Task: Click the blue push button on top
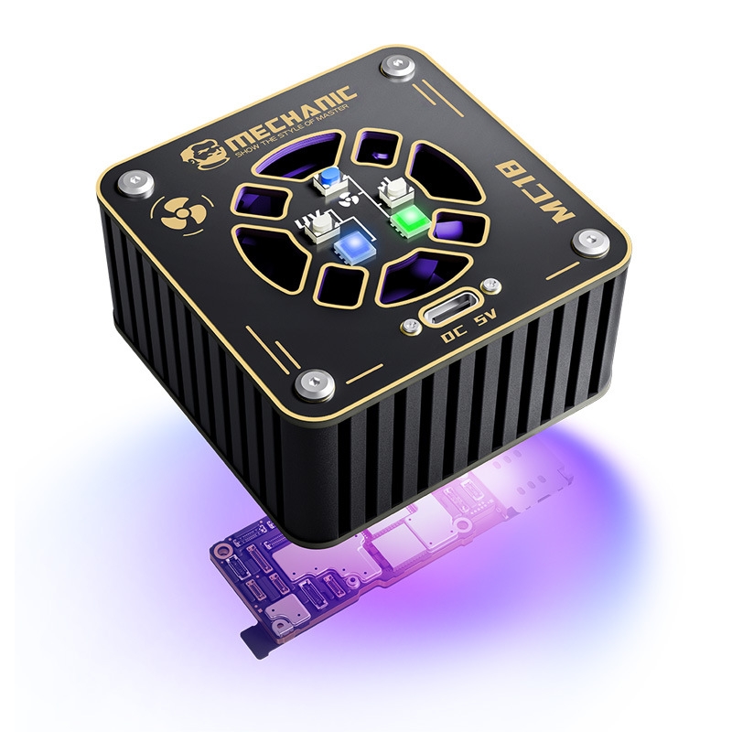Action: pyautogui.click(x=329, y=178)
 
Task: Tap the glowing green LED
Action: pyautogui.click(x=407, y=217)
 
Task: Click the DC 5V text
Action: pyautogui.click(x=470, y=326)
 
